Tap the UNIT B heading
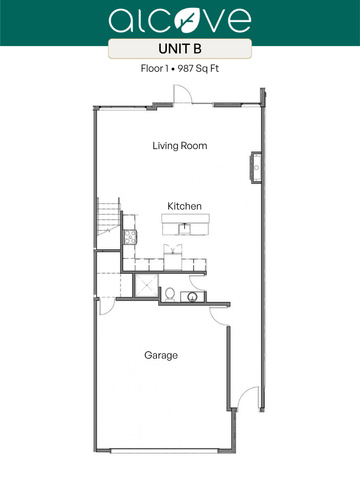tap(180, 49)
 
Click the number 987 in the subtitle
tap(185, 69)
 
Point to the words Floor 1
tap(154, 69)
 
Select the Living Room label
tap(180, 146)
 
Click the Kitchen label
tap(184, 206)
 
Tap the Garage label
tap(161, 355)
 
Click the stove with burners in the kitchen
tap(130, 237)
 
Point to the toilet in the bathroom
tap(170, 295)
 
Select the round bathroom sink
tap(193, 297)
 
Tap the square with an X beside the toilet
tap(146, 285)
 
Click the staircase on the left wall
tap(109, 217)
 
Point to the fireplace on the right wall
tap(256, 167)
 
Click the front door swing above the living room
tap(182, 94)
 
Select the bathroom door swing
tap(196, 283)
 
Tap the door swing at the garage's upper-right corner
tap(219, 316)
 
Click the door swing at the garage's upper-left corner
tap(107, 307)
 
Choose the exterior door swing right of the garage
tap(248, 397)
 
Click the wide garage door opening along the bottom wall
tap(164, 451)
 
